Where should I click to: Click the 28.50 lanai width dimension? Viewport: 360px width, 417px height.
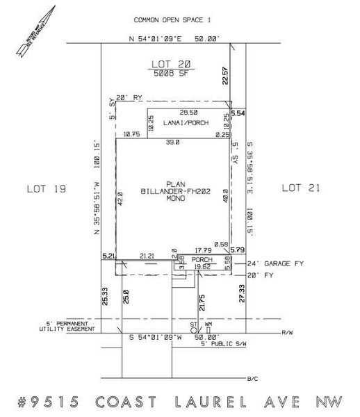pyautogui.click(x=188, y=111)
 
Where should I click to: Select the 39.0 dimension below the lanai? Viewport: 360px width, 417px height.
pyautogui.click(x=172, y=142)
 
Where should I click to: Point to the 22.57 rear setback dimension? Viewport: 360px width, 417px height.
pyautogui.click(x=224, y=76)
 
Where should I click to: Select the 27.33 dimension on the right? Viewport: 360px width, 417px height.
pyautogui.click(x=241, y=292)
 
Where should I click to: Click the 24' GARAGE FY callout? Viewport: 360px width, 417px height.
pyautogui.click(x=277, y=264)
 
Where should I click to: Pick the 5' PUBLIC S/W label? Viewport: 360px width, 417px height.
pyautogui.click(x=224, y=345)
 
